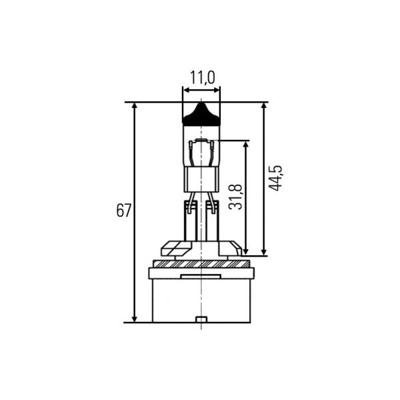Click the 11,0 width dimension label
coord(203,77)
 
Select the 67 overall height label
coord(124,211)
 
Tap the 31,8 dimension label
coord(235,197)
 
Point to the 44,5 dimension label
coord(276,178)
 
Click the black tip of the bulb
coord(201,114)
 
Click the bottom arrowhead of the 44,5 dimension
coord(264,252)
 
